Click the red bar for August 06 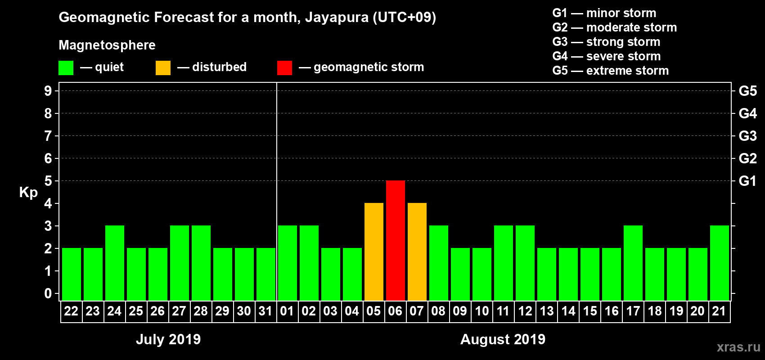396,240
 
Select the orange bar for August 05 374,252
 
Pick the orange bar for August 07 417,252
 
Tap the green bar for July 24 115,263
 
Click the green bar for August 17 633,263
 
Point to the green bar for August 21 720,263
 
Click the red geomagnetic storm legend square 284,68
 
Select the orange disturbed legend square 163,68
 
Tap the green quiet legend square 66,68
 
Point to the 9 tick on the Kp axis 48,91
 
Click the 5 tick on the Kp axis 48,181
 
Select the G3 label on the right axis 747,136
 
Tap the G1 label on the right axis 747,181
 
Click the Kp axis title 28,192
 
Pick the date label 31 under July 265,311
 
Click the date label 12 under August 525,311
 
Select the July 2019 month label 168,339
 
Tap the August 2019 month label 503,339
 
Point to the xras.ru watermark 738,347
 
